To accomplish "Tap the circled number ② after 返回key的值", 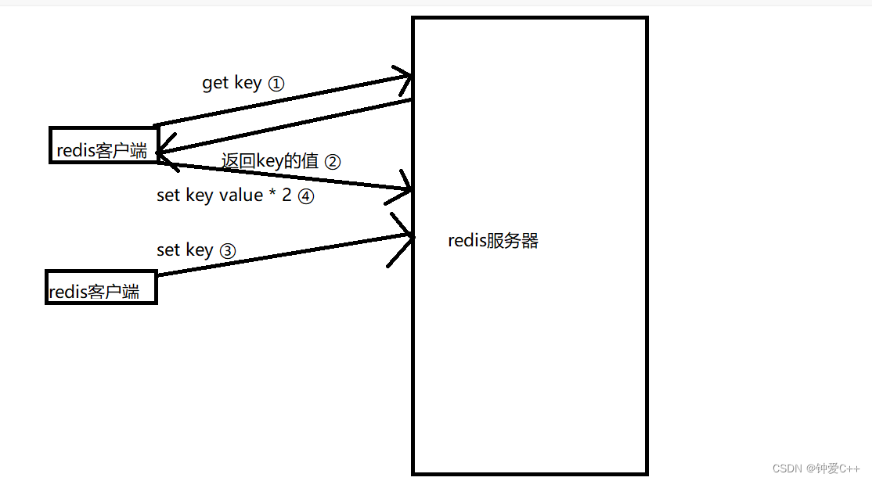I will click(x=332, y=162).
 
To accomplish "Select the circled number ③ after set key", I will click(x=227, y=251).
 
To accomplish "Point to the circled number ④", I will click(x=305, y=196).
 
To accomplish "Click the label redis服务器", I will click(x=493, y=241).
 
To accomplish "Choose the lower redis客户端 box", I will click(x=101, y=287).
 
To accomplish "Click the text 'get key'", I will click(x=232, y=83).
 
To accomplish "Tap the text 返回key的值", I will click(x=270, y=161).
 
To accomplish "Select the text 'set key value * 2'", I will click(x=224, y=196).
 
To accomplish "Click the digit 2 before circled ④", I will click(x=286, y=196).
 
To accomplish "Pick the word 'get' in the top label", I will click(x=215, y=83).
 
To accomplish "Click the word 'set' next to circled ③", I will click(x=168, y=250).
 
